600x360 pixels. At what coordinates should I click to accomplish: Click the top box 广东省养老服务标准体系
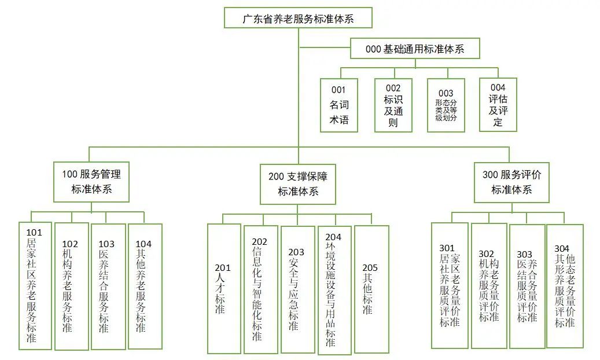pos(298,19)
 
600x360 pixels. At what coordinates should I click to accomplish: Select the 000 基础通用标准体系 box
pos(415,49)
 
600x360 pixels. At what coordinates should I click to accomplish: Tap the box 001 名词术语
pos(339,105)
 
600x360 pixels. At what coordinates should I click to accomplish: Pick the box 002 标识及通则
pos(393,105)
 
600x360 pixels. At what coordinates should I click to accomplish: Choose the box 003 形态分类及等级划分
pos(446,105)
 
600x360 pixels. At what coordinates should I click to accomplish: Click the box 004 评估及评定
pos(498,105)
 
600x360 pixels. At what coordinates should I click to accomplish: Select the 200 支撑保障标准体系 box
pos(298,184)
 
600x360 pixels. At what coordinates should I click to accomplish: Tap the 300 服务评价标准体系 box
pos(511,182)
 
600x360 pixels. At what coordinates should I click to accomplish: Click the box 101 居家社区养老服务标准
pos(35,286)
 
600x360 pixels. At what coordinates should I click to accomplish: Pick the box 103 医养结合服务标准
pos(108,286)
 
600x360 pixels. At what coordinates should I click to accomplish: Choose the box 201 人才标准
pos(224,288)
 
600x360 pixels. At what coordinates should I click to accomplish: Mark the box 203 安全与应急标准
pos(297,289)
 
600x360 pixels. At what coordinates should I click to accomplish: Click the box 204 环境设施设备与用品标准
pos(334,290)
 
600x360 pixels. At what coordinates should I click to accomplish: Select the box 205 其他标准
pos(371,288)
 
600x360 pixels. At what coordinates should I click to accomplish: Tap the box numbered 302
pos(489,286)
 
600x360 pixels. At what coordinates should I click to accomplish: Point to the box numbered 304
pos(565,286)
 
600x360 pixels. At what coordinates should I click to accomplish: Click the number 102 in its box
pos(70,244)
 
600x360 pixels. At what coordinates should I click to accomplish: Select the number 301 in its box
pos(447,249)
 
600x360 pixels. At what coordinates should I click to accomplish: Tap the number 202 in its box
pos(260,241)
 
